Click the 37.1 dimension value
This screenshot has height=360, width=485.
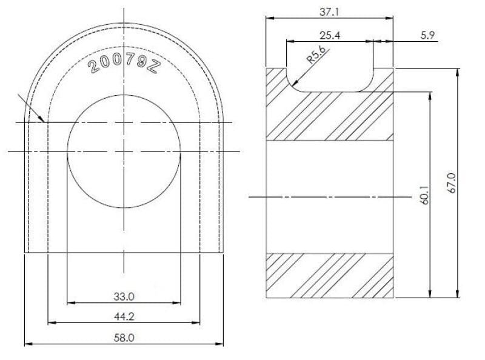point(329,12)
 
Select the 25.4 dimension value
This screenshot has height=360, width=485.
point(330,35)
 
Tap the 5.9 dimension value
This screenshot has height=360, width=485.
point(427,35)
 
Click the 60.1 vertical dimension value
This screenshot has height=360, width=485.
point(425,195)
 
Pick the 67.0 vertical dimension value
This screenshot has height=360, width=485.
point(452,184)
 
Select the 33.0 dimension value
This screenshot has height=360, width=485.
point(124,296)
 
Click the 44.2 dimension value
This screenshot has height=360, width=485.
point(124,317)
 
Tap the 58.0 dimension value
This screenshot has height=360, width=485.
point(124,338)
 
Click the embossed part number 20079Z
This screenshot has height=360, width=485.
point(124,64)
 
